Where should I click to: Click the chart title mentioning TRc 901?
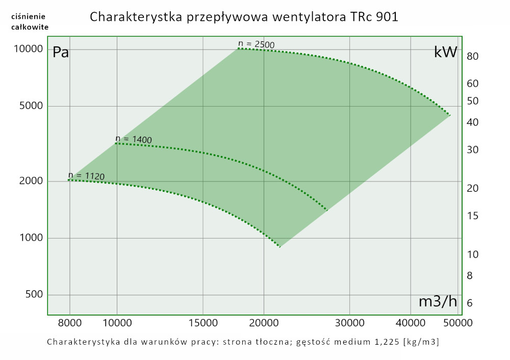coord(244,17)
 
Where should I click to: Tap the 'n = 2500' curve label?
coord(257,44)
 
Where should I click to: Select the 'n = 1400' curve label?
coord(134,139)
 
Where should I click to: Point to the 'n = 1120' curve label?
coord(86,176)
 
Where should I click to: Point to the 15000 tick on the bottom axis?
coord(203,323)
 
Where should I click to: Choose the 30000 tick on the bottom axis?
coord(349,323)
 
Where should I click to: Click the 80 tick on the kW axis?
coord(472,56)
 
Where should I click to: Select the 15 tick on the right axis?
coord(472,216)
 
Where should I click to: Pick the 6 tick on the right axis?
coord(470,303)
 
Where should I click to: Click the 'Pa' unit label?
coord(61,53)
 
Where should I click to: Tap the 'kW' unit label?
coord(445,52)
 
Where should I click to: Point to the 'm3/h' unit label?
coord(438,301)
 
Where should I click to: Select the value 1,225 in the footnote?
coord(383,342)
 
